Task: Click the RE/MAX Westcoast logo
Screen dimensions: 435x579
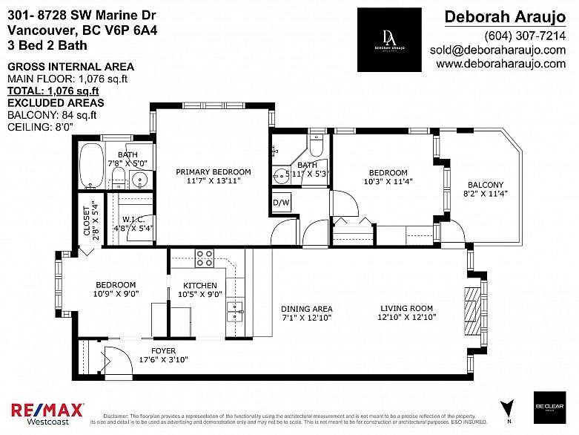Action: point(47,413)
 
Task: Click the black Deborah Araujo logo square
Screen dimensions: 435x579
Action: point(389,40)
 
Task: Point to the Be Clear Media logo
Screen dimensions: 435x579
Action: point(549,408)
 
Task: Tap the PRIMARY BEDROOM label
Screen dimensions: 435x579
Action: point(213,172)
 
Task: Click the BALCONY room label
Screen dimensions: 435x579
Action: point(486,186)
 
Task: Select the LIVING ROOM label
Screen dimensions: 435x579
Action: point(406,309)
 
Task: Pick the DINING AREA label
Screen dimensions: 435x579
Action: point(306,309)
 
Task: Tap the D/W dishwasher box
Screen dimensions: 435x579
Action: point(281,202)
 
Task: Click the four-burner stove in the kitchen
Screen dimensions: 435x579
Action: point(205,258)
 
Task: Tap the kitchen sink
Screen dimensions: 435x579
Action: point(235,307)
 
